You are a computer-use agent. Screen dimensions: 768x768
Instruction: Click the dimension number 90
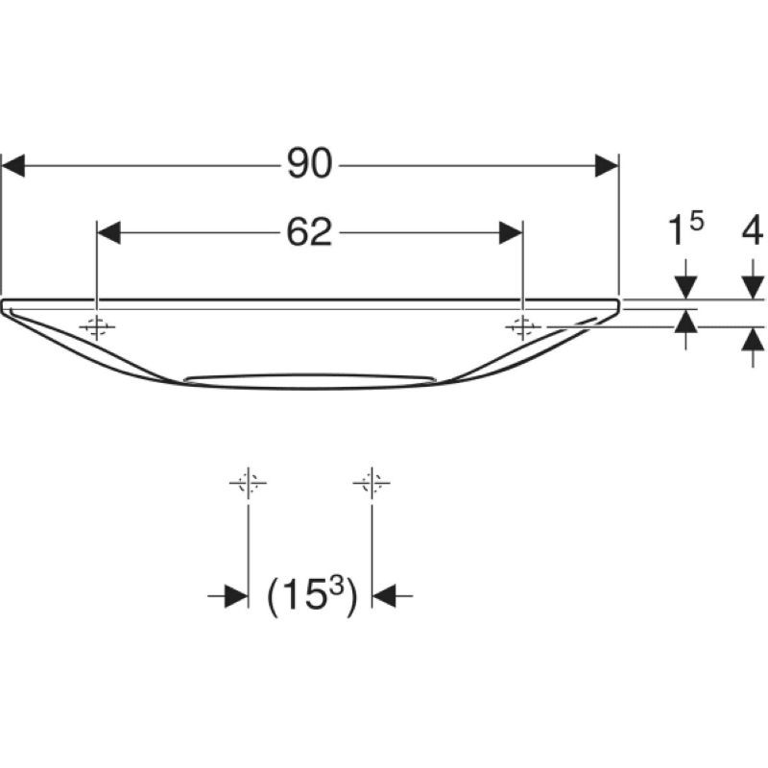(x=309, y=165)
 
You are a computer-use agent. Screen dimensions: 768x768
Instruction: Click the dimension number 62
(x=309, y=232)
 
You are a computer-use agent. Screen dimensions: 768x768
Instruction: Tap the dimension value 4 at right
(x=752, y=231)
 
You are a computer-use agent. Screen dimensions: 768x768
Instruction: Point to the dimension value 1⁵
(x=685, y=231)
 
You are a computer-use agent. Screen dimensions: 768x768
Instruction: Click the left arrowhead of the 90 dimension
(x=12, y=165)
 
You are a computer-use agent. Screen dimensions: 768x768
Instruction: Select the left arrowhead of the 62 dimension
(x=108, y=232)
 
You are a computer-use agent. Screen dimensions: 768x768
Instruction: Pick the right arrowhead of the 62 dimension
(x=511, y=232)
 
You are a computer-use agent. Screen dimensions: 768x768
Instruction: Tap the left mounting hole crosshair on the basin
(x=96, y=326)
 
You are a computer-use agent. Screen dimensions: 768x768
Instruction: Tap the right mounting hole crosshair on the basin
(x=522, y=326)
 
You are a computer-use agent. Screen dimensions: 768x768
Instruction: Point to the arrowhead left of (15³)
(x=236, y=597)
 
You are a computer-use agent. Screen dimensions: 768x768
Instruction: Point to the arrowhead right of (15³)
(x=383, y=597)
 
